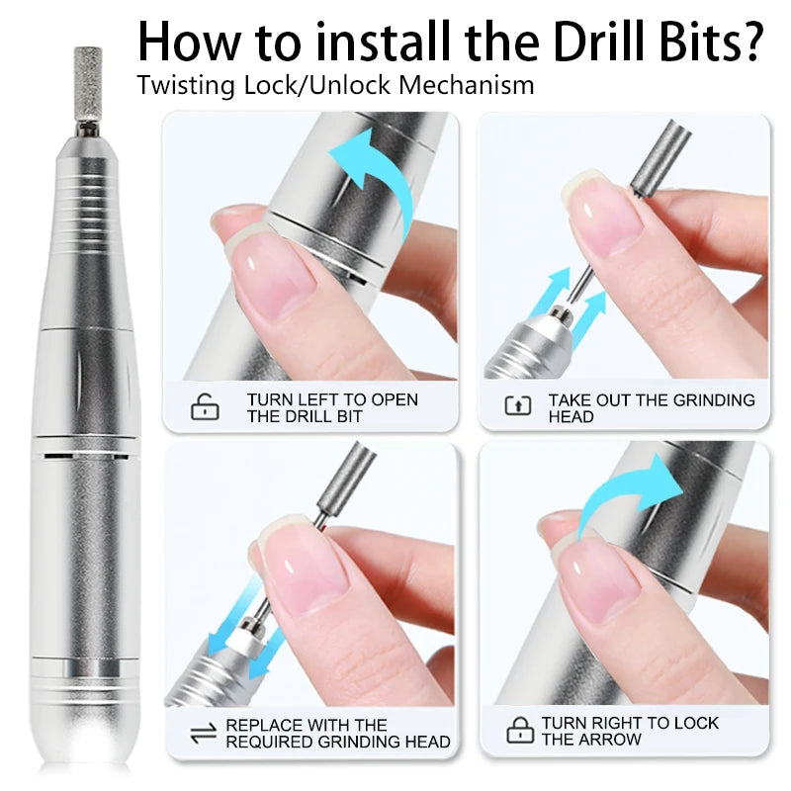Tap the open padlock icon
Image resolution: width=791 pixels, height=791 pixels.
pos(205,406)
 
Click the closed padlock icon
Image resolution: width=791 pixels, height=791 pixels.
pos(519,731)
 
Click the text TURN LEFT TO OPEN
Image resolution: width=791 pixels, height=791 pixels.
pos(332,399)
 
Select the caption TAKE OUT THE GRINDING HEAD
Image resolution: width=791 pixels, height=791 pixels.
pos(651,407)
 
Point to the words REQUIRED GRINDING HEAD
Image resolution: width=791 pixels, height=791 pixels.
pos(338,742)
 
